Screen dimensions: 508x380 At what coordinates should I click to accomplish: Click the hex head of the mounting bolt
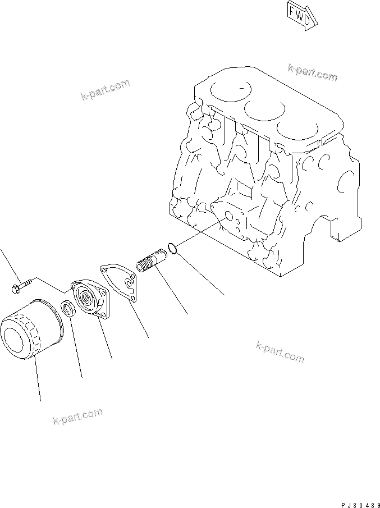point(14,289)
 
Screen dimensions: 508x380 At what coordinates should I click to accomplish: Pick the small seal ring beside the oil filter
point(67,308)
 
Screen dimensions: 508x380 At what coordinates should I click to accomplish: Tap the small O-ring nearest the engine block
point(174,247)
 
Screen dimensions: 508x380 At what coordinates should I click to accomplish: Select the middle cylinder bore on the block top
point(266,112)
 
